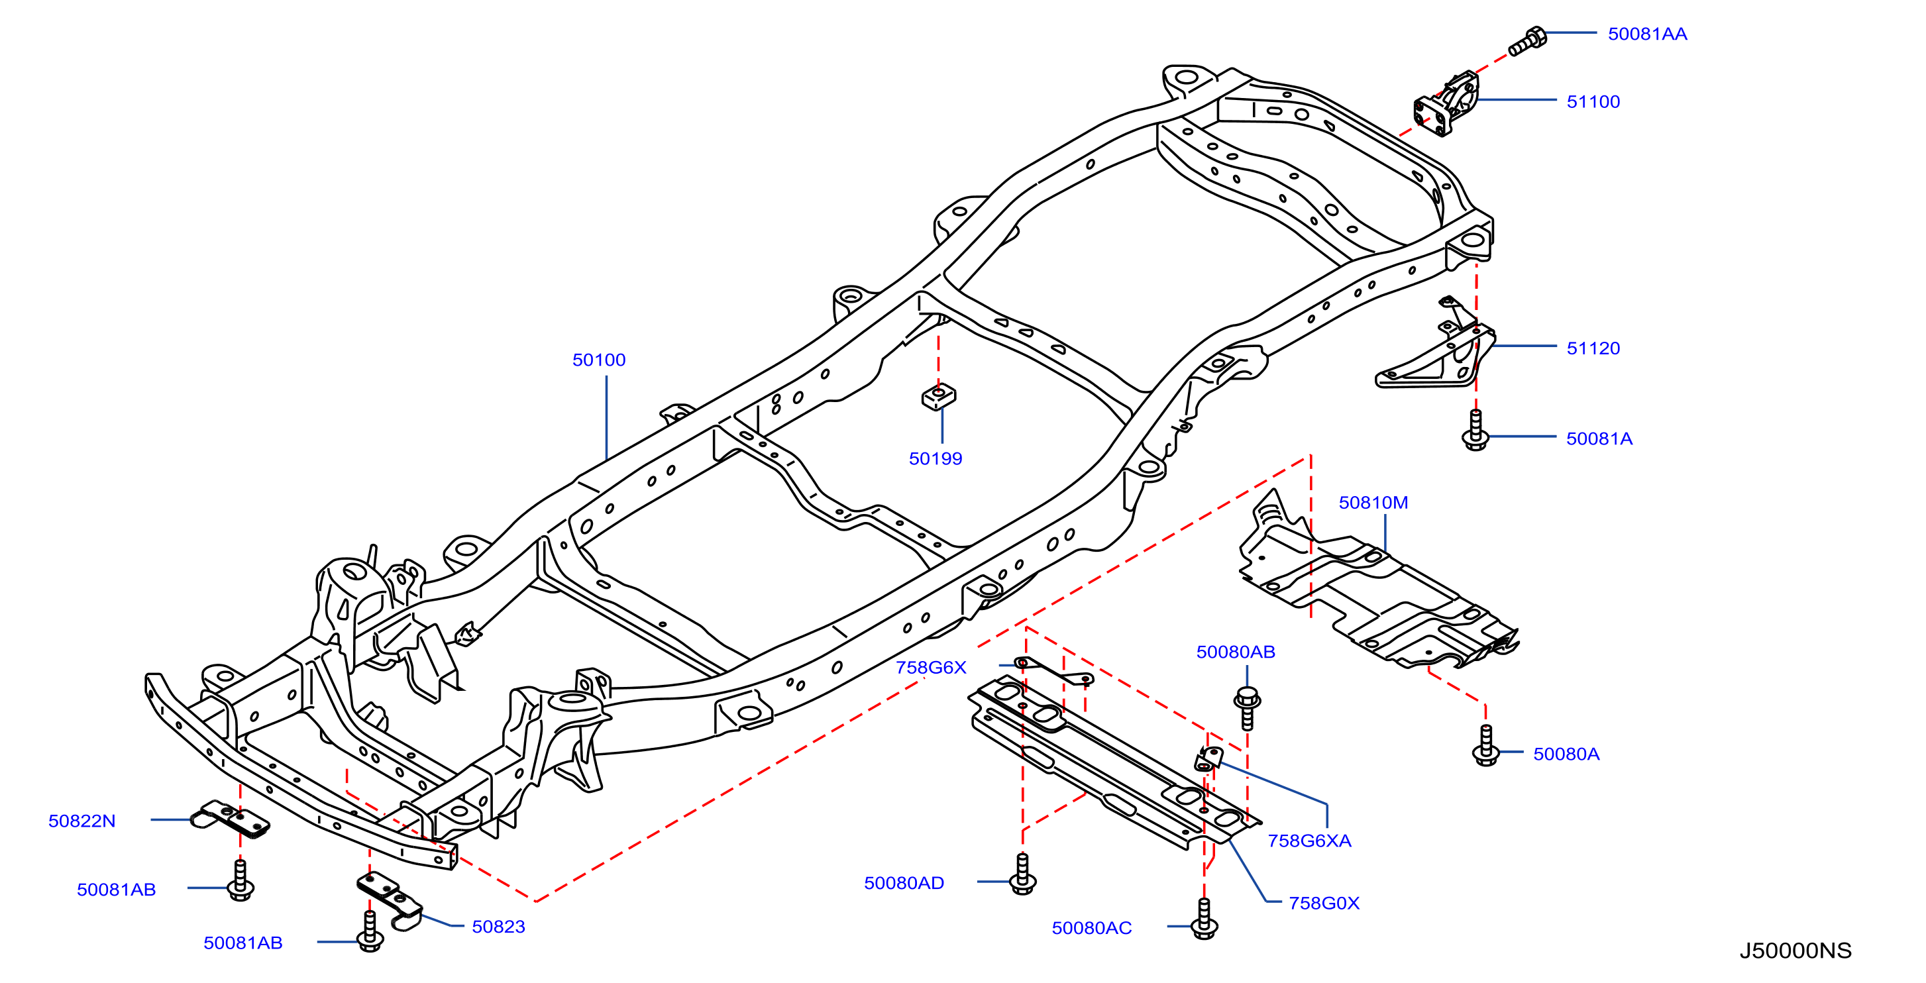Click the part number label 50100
click(598, 360)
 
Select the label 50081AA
click(1647, 34)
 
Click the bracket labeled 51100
click(1446, 105)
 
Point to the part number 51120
click(1593, 348)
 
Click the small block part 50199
click(938, 396)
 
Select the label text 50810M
click(1373, 502)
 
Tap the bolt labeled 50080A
click(1485, 745)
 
